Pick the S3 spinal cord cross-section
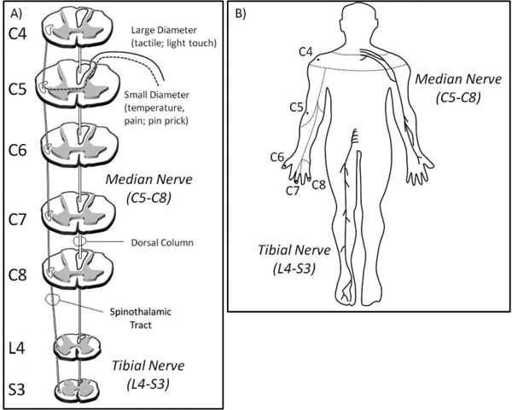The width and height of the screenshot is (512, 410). click(79, 388)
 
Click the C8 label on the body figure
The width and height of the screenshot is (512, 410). click(317, 183)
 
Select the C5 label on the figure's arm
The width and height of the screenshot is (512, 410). click(297, 107)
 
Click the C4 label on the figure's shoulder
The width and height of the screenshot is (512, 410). click(305, 52)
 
